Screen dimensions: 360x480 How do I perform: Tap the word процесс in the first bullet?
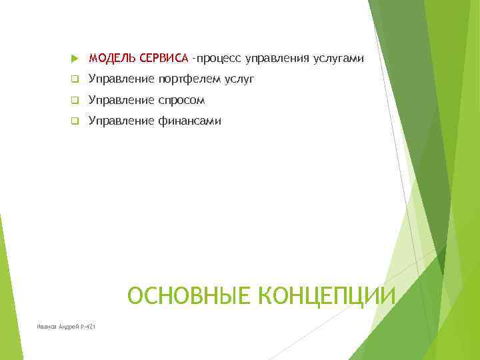(219, 59)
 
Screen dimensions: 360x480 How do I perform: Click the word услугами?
(339, 59)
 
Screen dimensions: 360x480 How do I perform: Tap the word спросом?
(181, 101)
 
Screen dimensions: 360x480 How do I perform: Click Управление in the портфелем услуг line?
(121, 80)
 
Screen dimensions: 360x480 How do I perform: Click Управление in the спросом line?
(121, 101)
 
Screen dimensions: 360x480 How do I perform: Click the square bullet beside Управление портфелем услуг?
(74, 81)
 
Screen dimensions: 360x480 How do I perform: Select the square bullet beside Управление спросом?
(74, 101)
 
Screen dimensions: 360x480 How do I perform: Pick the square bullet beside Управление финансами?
(74, 121)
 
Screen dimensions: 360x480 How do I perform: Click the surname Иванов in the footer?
(48, 326)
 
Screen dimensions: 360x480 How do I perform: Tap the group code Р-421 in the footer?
(87, 326)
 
